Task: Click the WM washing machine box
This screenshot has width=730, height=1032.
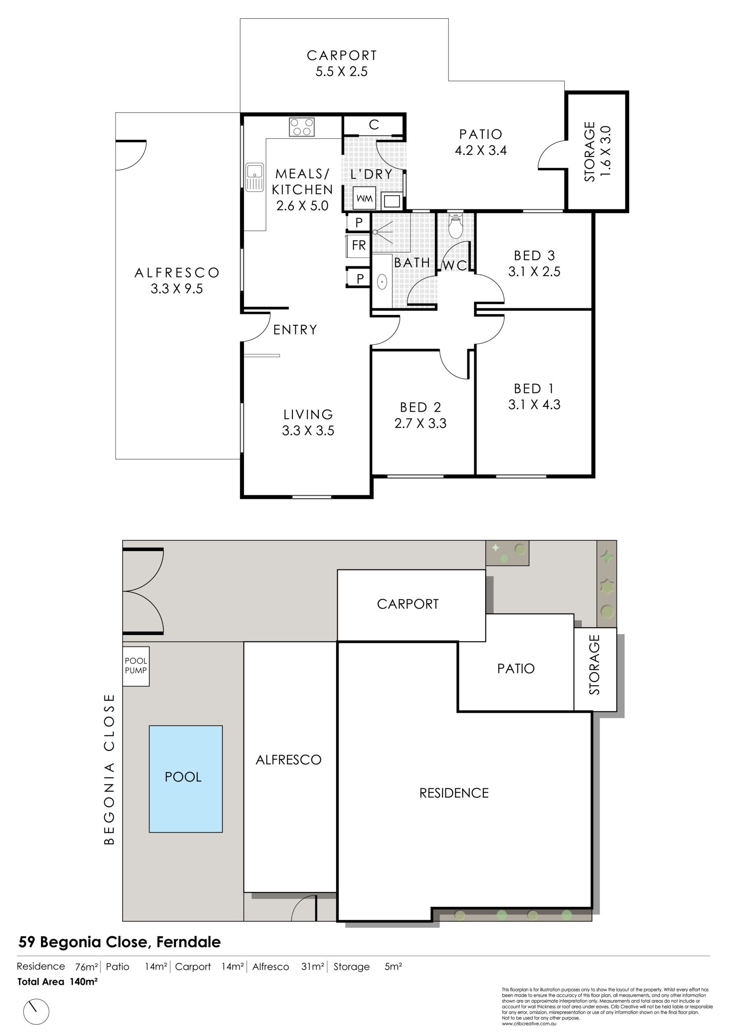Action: click(x=364, y=198)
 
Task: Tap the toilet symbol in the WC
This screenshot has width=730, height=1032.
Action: click(x=456, y=226)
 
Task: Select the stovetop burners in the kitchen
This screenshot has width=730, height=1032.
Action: click(x=302, y=127)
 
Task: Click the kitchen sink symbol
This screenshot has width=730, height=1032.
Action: click(x=254, y=177)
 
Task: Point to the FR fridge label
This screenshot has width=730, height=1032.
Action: click(x=359, y=245)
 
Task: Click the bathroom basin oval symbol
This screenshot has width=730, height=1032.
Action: click(x=382, y=282)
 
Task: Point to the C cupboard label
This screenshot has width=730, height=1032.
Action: click(x=374, y=125)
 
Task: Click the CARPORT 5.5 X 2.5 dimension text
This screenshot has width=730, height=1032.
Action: click(x=342, y=71)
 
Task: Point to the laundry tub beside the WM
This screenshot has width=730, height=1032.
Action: click(x=391, y=200)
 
